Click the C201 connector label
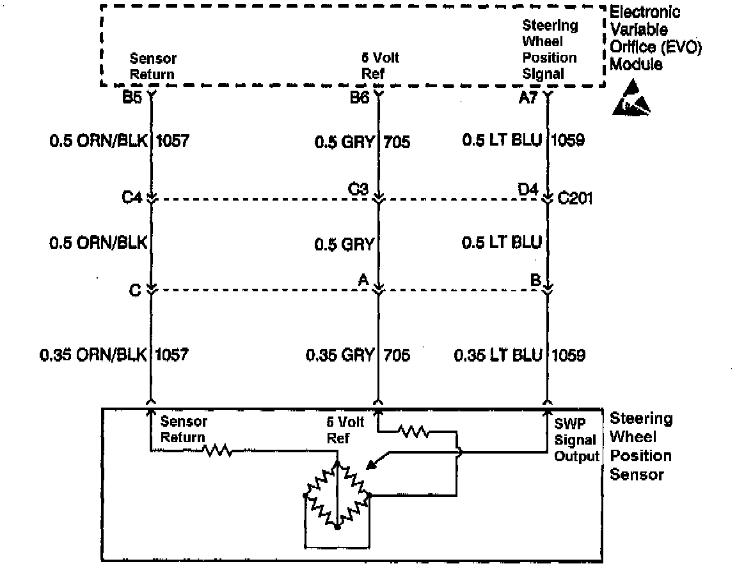(575, 198)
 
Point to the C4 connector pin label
(132, 198)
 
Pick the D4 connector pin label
(528, 189)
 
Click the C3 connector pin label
(358, 189)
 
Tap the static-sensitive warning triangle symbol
(631, 99)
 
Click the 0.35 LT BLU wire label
(498, 355)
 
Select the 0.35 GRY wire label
(339, 355)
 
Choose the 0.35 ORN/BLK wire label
(93, 355)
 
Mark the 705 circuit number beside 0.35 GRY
(397, 355)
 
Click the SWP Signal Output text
(575, 440)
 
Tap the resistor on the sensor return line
(217, 451)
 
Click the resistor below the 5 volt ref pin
(413, 432)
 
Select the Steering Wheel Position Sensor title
(640, 447)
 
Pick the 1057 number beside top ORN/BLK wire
(173, 140)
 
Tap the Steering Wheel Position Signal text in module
(550, 49)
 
